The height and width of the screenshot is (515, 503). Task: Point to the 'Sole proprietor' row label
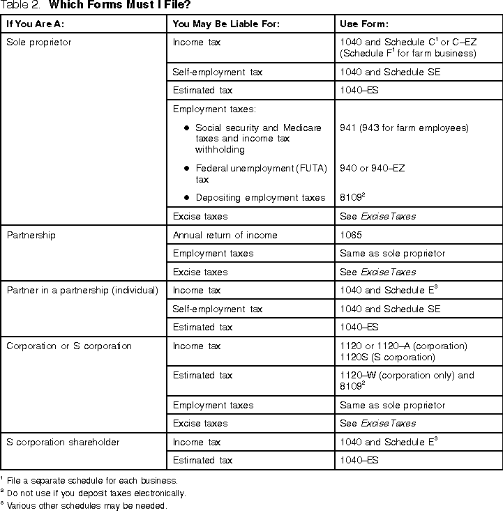tap(38, 43)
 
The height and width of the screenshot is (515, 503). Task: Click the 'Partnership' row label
tap(31, 236)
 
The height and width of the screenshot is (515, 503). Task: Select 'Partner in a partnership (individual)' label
tap(82, 291)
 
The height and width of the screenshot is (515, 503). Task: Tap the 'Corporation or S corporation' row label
tap(69, 346)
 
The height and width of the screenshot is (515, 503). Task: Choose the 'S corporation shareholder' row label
tap(63, 442)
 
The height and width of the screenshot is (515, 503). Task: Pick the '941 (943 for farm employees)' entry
tap(404, 128)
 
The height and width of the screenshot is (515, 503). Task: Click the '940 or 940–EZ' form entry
tap(372, 169)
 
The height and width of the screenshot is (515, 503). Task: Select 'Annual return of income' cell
tap(225, 236)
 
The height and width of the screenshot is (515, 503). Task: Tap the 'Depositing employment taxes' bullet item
tap(260, 198)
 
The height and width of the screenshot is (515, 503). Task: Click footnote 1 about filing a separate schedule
tap(91, 480)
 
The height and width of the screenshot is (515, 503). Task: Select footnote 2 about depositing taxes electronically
tap(96, 493)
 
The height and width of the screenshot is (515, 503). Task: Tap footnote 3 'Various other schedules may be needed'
tap(87, 506)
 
